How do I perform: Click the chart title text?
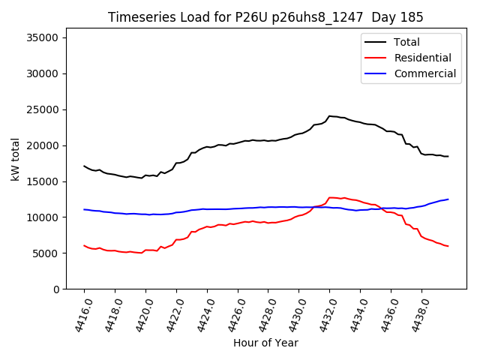(x=265, y=17)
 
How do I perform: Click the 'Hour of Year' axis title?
(x=265, y=343)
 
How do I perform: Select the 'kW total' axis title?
(x=15, y=163)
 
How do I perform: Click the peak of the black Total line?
(x=329, y=115)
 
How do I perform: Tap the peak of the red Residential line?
(x=330, y=197)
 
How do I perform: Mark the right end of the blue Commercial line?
(x=448, y=199)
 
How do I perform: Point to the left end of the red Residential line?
(x=84, y=245)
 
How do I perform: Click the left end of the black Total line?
(x=84, y=166)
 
